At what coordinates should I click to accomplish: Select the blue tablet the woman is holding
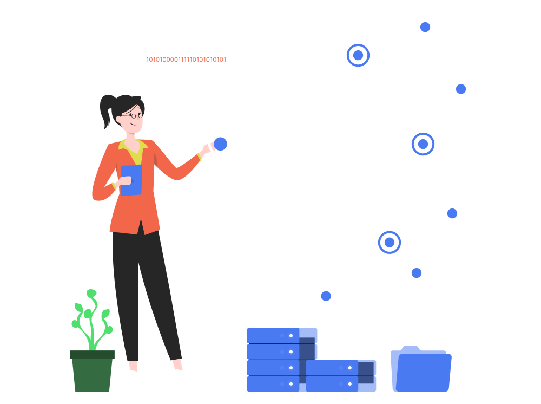pos(131,180)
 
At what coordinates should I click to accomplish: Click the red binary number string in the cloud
pos(186,60)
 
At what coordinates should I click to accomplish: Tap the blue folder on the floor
pos(421,370)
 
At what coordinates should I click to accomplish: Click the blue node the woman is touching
pos(221,144)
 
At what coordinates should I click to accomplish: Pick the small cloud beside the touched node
pos(280,126)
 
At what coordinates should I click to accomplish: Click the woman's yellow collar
pos(134,148)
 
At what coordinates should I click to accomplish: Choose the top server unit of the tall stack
pos(282,335)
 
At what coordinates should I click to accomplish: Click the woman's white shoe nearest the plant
pos(133,375)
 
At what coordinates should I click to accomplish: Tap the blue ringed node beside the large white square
pos(423,144)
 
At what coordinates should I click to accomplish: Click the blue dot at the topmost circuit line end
pos(425,27)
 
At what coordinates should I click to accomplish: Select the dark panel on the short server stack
pos(366,373)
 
